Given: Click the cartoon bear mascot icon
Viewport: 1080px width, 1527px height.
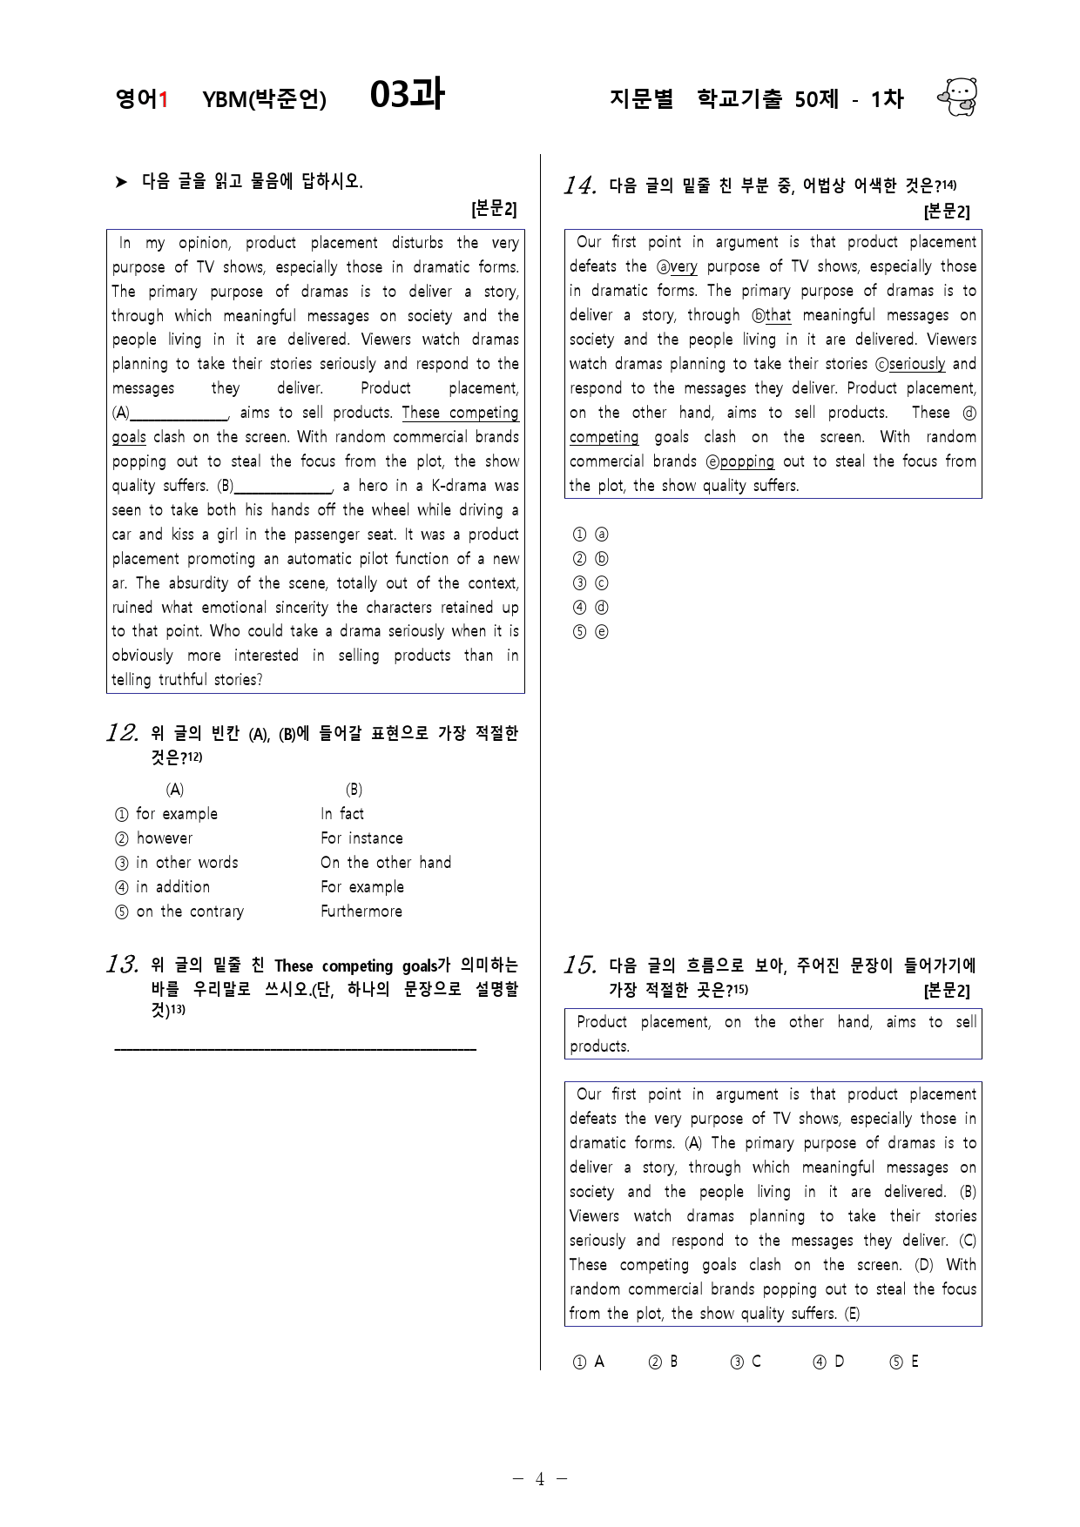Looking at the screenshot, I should [x=958, y=97].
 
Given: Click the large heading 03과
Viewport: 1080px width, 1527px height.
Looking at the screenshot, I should [x=407, y=95].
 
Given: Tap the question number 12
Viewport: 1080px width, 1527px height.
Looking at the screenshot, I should [x=122, y=733].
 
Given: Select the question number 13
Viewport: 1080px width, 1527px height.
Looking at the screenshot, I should [x=122, y=965].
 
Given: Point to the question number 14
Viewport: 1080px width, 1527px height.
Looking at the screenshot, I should [x=580, y=185].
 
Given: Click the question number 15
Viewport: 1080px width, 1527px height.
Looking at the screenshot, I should [x=580, y=965].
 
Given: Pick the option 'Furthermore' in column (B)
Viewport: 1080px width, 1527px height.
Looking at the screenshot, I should [x=361, y=911].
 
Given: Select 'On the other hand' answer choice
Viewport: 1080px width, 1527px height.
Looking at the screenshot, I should [x=386, y=863].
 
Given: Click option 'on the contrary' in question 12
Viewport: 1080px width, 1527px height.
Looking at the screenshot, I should [x=189, y=911].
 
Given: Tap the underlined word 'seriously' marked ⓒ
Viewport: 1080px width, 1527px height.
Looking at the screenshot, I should [x=917, y=364].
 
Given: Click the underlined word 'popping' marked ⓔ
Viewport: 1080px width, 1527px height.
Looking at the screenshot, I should [x=746, y=461].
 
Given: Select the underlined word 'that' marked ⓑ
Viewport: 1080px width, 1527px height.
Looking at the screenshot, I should [x=778, y=315].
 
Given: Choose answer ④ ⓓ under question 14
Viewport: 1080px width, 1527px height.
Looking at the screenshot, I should [x=591, y=608].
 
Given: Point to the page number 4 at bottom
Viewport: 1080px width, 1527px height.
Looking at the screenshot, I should [x=539, y=1479].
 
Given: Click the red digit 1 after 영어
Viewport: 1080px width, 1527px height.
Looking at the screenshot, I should [x=162, y=100].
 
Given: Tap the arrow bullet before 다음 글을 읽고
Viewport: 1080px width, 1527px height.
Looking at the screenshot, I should [x=121, y=182].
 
